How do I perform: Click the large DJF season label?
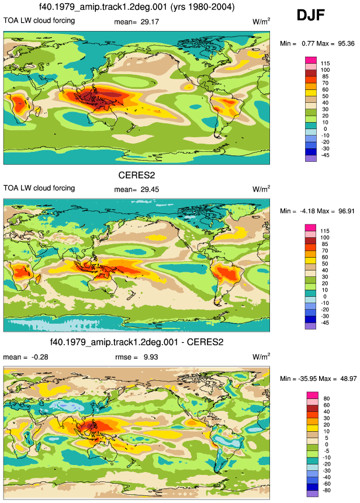tap(310, 15)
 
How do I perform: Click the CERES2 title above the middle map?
tap(137, 175)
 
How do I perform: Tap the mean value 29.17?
tap(150, 22)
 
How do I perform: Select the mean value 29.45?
tap(150, 190)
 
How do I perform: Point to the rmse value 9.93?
tap(151, 357)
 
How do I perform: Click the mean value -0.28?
tap(40, 357)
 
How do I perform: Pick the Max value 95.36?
tap(346, 44)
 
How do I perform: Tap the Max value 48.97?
tap(348, 379)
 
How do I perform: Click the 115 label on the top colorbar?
tap(325, 64)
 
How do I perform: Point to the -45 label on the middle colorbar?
tap(325, 322)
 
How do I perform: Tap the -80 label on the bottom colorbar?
tap(326, 491)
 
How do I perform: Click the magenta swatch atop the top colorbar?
tap(311, 60)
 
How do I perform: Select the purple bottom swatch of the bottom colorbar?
tap(313, 494)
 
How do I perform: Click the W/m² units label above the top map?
tap(261, 22)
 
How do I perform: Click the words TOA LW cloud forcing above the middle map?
tap(39, 188)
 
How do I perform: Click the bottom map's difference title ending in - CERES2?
tap(137, 342)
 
